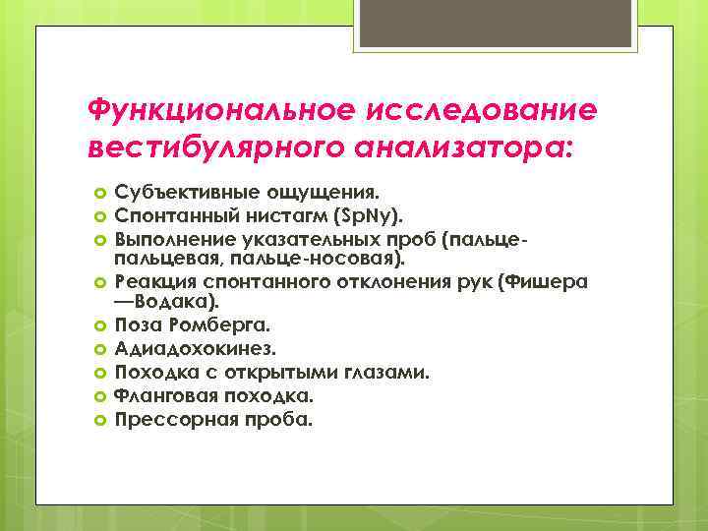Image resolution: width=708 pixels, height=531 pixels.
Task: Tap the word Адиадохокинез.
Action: [x=196, y=348]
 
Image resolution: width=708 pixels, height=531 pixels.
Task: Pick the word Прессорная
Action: [x=170, y=419]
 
